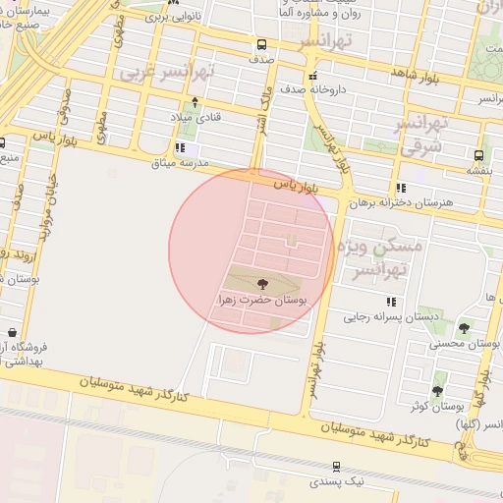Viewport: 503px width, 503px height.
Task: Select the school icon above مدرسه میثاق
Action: (x=178, y=148)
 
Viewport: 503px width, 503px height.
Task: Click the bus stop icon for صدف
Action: (x=261, y=45)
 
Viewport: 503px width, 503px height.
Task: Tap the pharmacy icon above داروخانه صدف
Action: (x=312, y=77)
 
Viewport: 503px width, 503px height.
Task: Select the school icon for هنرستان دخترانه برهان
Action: (x=400, y=188)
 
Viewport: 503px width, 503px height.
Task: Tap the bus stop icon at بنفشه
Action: (x=478, y=155)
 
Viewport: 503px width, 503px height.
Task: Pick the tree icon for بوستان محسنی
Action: (x=464, y=328)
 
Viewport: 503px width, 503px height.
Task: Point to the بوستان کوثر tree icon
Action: (x=437, y=391)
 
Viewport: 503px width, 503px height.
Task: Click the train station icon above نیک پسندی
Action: (x=337, y=467)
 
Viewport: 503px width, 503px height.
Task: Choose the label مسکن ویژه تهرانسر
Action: (x=379, y=256)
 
